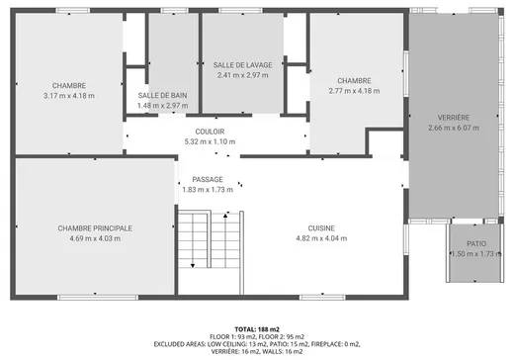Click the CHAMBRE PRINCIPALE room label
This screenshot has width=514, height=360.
pos(95,228)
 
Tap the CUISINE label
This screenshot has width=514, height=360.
pos(321,228)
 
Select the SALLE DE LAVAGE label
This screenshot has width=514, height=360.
pos(242,65)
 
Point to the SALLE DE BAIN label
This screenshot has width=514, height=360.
pos(162,96)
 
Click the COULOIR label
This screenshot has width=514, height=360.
pos(210,132)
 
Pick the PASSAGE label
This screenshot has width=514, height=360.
pos(208,180)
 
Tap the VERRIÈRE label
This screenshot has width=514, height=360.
pos(454,118)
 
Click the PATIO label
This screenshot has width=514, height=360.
pos(476,244)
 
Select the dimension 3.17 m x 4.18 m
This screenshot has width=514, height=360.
pos(69,96)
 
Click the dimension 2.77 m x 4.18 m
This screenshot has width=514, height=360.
pos(354,91)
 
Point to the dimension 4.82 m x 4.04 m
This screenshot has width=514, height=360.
pos(321,238)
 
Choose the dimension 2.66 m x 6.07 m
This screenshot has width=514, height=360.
pos(454,128)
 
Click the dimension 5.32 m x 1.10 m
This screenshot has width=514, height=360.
pos(210,141)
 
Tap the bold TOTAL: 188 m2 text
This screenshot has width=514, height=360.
pos(257,329)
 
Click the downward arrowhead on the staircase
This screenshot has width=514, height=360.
pos(193,266)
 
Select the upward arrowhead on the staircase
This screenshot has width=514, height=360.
pos(225,216)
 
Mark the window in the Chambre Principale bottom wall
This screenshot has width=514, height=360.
pos(98,298)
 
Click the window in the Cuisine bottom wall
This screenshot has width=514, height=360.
pos(322,298)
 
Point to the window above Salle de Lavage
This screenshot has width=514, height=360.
pos(241,11)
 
